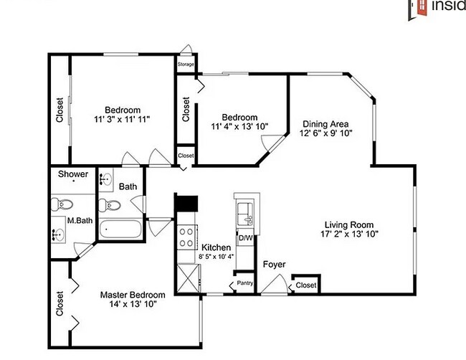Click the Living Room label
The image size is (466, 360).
349,223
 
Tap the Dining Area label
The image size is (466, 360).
325,123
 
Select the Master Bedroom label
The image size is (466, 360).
133,295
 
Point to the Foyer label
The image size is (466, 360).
274,265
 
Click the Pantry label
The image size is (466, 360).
244,283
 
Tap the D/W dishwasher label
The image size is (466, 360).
244,237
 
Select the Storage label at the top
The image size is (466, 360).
186,65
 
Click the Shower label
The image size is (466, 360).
73,174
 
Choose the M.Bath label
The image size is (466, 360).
77,220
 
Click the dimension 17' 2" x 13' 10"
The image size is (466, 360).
349,233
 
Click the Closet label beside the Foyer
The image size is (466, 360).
305,285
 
